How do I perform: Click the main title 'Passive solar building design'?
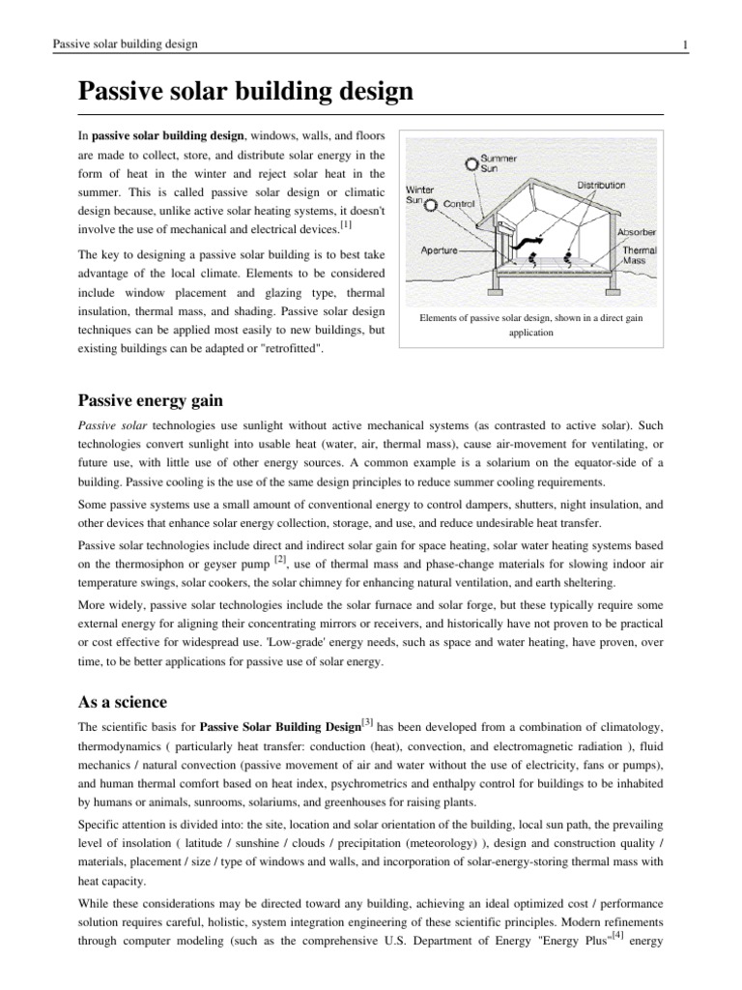point(245,93)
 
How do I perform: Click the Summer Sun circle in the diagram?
point(471,163)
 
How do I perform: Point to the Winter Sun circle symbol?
point(431,204)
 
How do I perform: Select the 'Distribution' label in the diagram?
point(607,184)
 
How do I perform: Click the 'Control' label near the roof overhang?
point(461,204)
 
